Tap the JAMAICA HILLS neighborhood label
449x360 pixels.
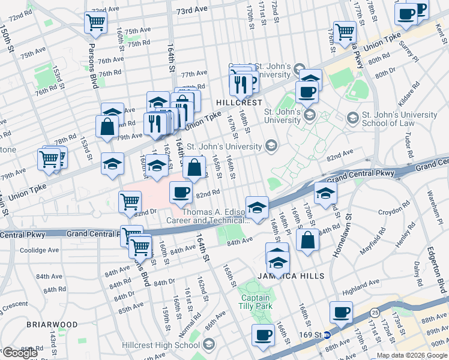coord(291,276)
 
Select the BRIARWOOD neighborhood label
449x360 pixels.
coord(52,324)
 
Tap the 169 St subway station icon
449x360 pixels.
coord(327,335)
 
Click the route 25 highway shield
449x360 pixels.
coord(375,312)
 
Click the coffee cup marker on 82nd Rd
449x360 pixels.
coord(181,193)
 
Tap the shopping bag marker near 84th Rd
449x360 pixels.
coord(307,239)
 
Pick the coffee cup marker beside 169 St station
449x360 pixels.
coord(341,312)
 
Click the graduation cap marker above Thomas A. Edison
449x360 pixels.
coord(257,207)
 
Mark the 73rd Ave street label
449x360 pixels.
coord(191,11)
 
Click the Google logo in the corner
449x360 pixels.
coord(20,353)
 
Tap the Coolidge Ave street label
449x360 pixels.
coord(40,250)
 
